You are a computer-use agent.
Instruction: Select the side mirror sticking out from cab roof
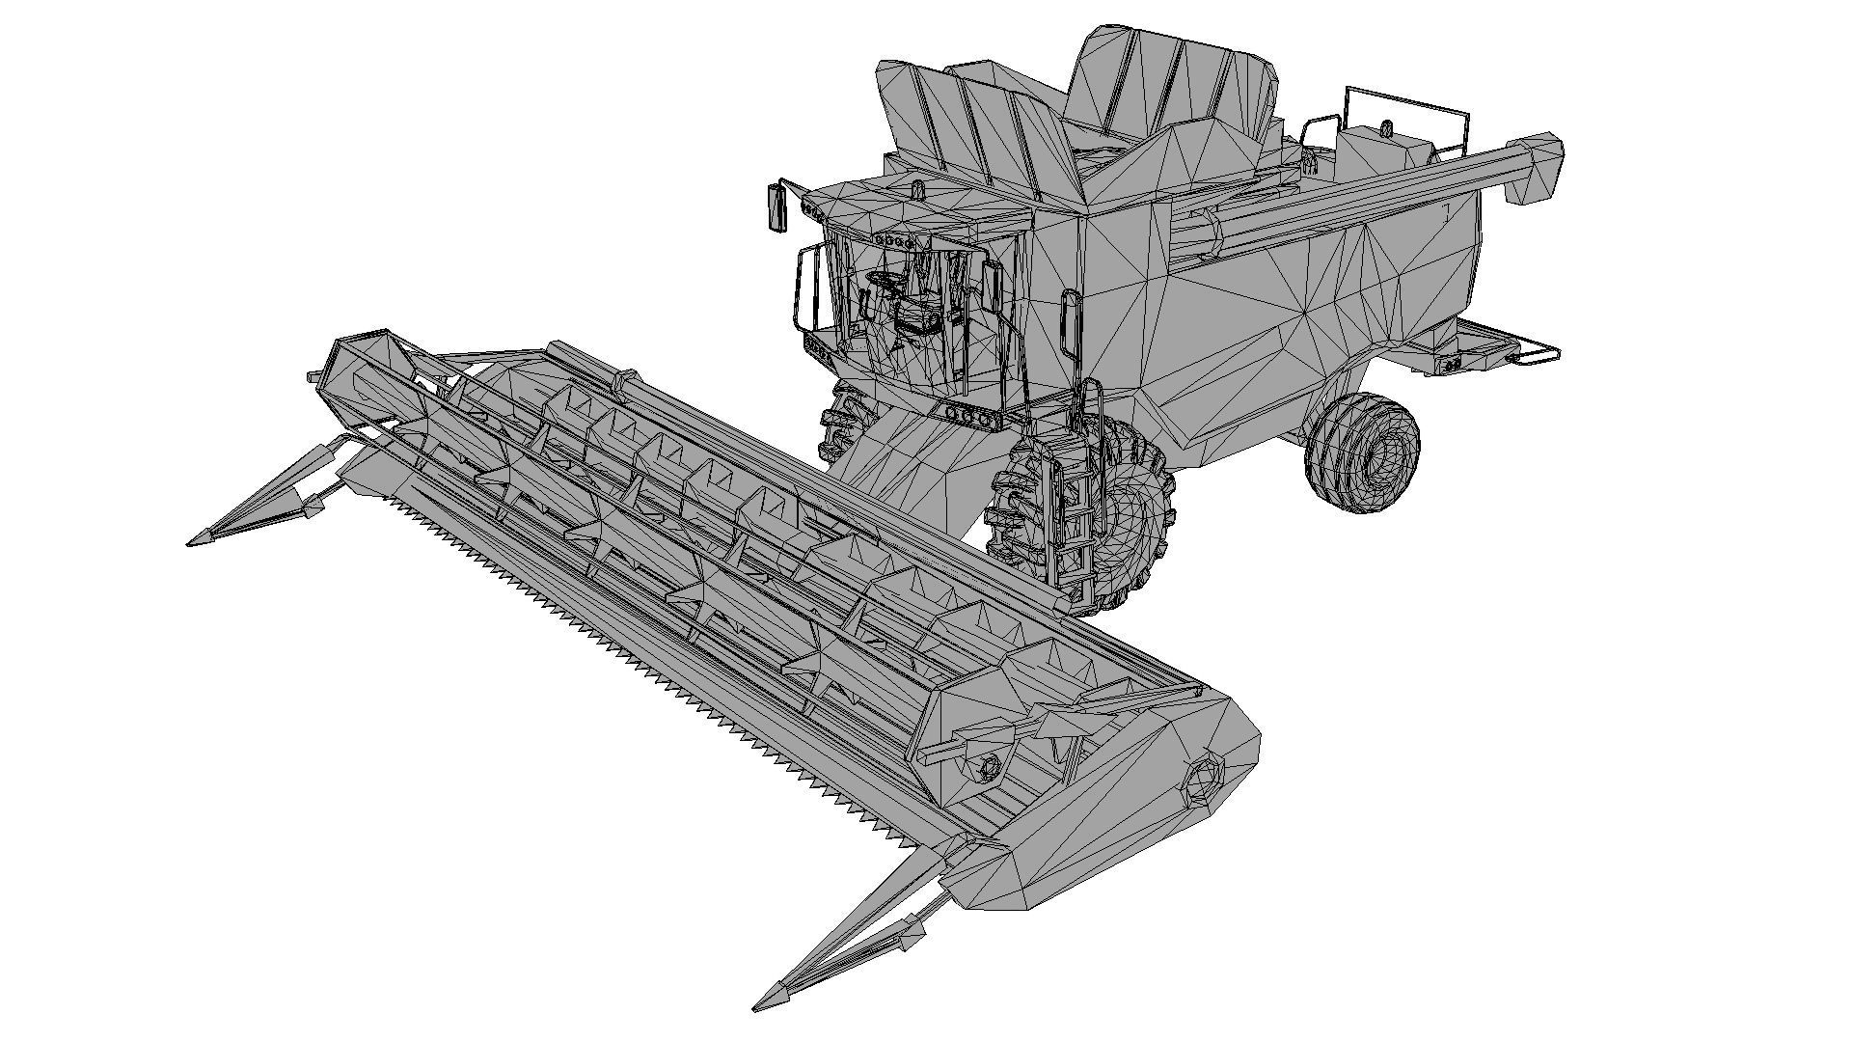[776, 207]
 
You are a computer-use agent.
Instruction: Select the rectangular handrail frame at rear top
[1408, 116]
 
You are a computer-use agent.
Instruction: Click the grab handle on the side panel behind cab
[1070, 323]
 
